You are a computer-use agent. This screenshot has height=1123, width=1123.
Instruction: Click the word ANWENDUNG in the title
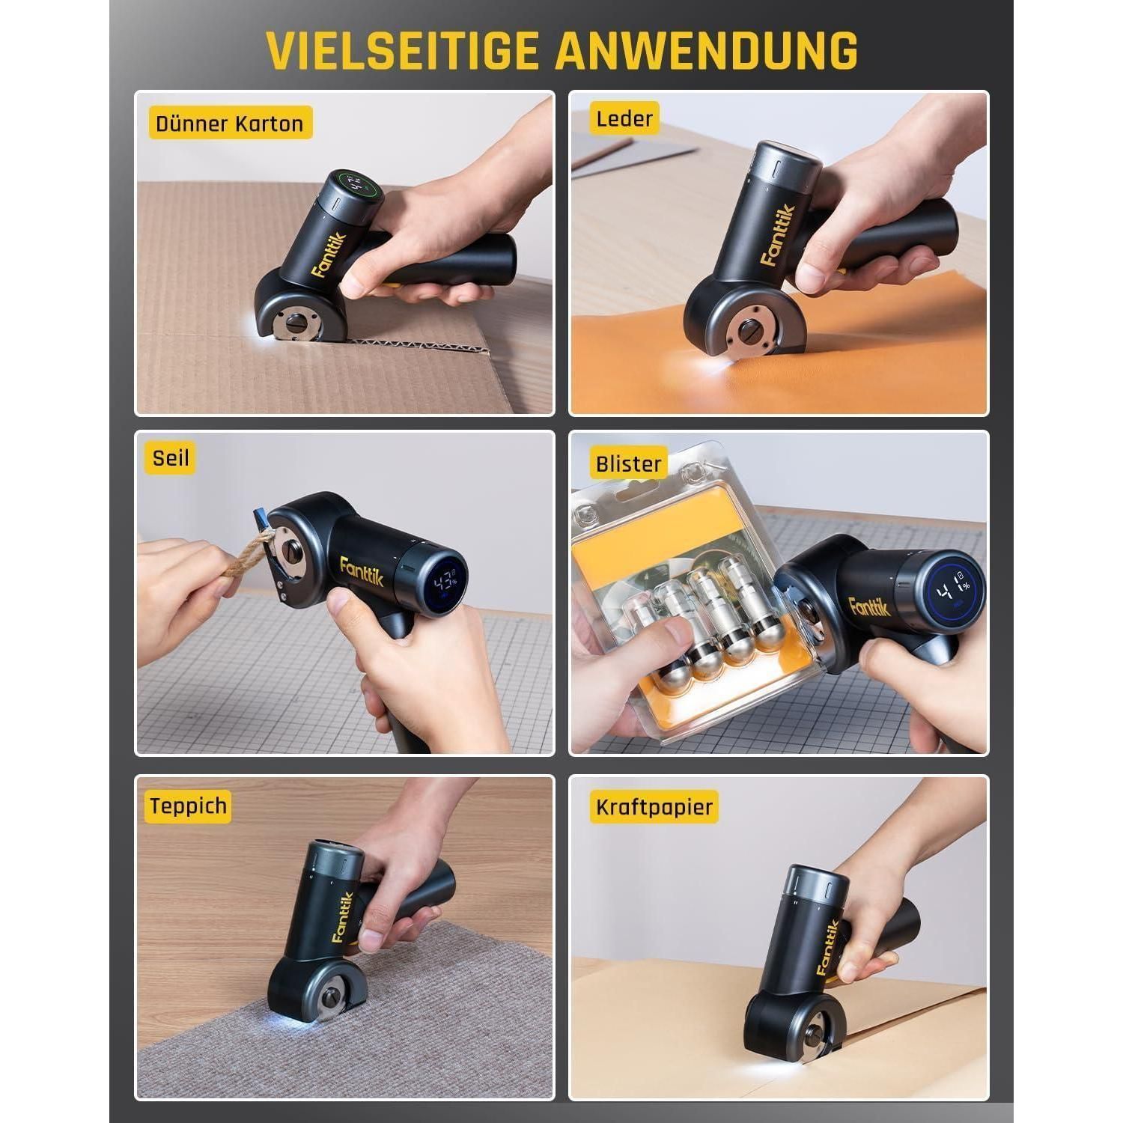pos(707,50)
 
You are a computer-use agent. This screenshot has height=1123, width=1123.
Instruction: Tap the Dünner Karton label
pos(230,124)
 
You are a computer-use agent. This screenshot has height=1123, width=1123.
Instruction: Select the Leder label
pos(625,118)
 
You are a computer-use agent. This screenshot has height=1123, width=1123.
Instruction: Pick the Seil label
pos(171,457)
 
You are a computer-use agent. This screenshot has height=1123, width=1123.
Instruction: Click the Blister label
pos(629,464)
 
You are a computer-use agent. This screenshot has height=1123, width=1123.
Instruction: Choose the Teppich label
pos(188,806)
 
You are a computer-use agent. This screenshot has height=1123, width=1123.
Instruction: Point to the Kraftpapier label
pos(654,808)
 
